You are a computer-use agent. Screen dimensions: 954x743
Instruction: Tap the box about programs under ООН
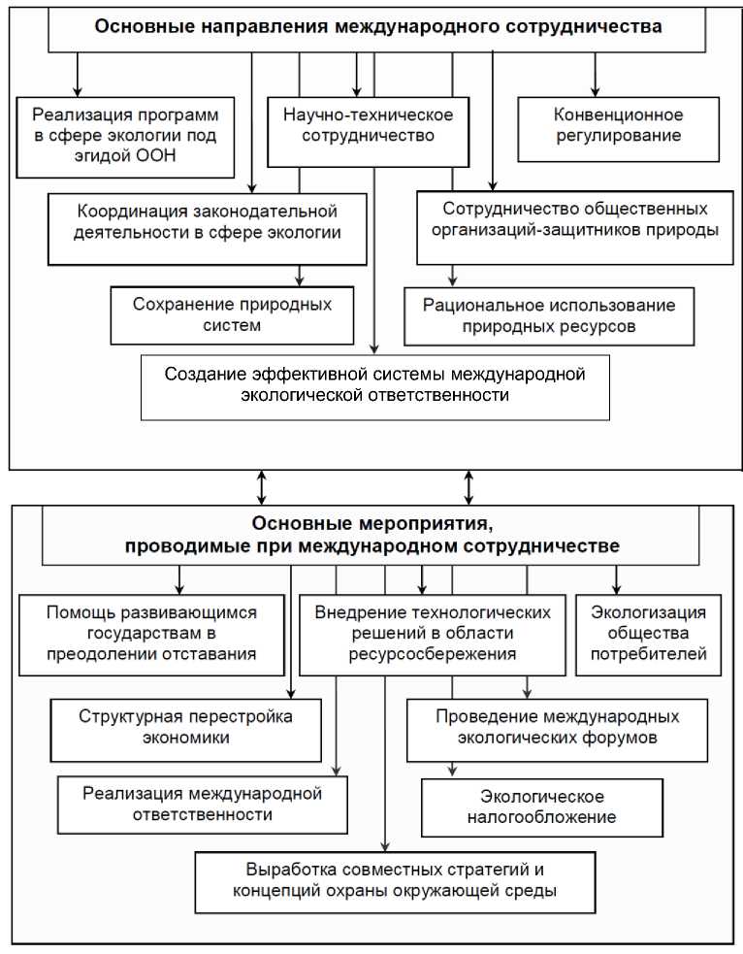point(126,136)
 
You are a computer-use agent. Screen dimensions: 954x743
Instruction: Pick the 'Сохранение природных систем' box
point(232,315)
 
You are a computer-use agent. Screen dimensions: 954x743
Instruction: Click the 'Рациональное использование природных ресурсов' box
point(549,316)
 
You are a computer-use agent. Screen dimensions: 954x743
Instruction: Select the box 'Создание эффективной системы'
point(374,385)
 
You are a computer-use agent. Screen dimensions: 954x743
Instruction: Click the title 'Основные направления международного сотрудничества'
point(378,27)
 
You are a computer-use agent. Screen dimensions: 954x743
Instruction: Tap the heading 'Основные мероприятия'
point(372,536)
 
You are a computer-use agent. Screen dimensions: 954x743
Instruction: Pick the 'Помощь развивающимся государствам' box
point(152,634)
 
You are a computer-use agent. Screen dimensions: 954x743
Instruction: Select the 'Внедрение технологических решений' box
point(433,635)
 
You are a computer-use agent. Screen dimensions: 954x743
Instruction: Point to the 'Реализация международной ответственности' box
point(202,805)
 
